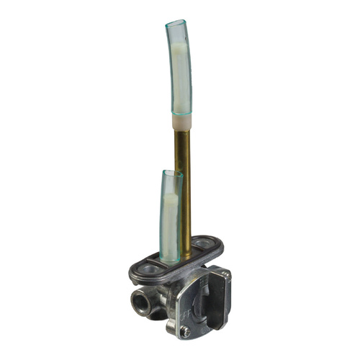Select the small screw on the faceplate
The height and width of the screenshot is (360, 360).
coord(186,332)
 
